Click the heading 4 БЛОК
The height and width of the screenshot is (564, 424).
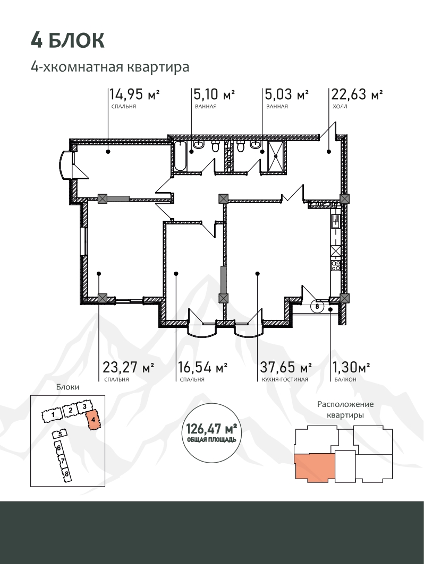click(x=67, y=40)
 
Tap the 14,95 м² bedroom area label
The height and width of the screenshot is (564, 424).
click(x=134, y=94)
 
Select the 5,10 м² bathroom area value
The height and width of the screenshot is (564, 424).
click(x=214, y=94)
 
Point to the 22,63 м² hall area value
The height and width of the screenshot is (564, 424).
click(x=357, y=94)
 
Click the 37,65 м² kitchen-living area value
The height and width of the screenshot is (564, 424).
click(x=286, y=368)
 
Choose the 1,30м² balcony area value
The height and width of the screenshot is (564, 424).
click(x=351, y=368)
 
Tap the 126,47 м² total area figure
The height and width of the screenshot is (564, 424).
click(x=211, y=429)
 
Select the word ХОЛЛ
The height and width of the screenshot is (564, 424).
click(x=340, y=107)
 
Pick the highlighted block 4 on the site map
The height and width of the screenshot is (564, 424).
click(x=94, y=420)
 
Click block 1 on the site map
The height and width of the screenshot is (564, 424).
click(x=53, y=415)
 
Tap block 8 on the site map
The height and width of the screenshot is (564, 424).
click(x=66, y=474)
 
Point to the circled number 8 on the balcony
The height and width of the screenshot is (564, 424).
click(x=317, y=307)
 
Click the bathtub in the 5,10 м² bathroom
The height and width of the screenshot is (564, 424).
click(x=180, y=156)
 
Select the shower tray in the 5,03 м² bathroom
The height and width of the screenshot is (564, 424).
click(x=277, y=156)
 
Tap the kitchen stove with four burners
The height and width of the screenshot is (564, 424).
click(x=336, y=266)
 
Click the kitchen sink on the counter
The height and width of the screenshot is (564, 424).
click(x=335, y=221)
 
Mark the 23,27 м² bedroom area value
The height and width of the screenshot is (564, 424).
click(x=129, y=368)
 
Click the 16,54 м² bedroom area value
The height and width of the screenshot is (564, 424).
click(x=203, y=368)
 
